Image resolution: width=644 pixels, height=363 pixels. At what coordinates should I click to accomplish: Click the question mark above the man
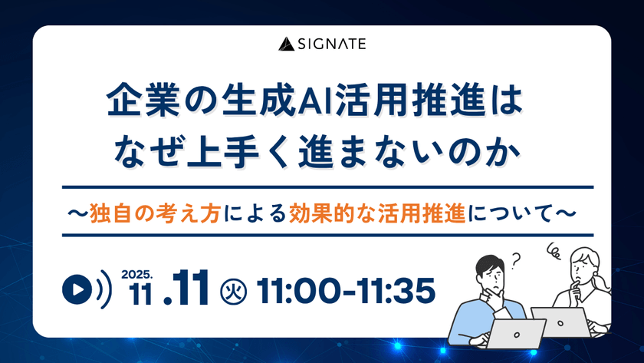[x=515, y=259]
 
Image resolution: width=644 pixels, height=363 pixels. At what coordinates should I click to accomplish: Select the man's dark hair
[x=488, y=266]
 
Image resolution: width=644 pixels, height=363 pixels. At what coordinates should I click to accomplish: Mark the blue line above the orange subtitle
[x=322, y=186]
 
